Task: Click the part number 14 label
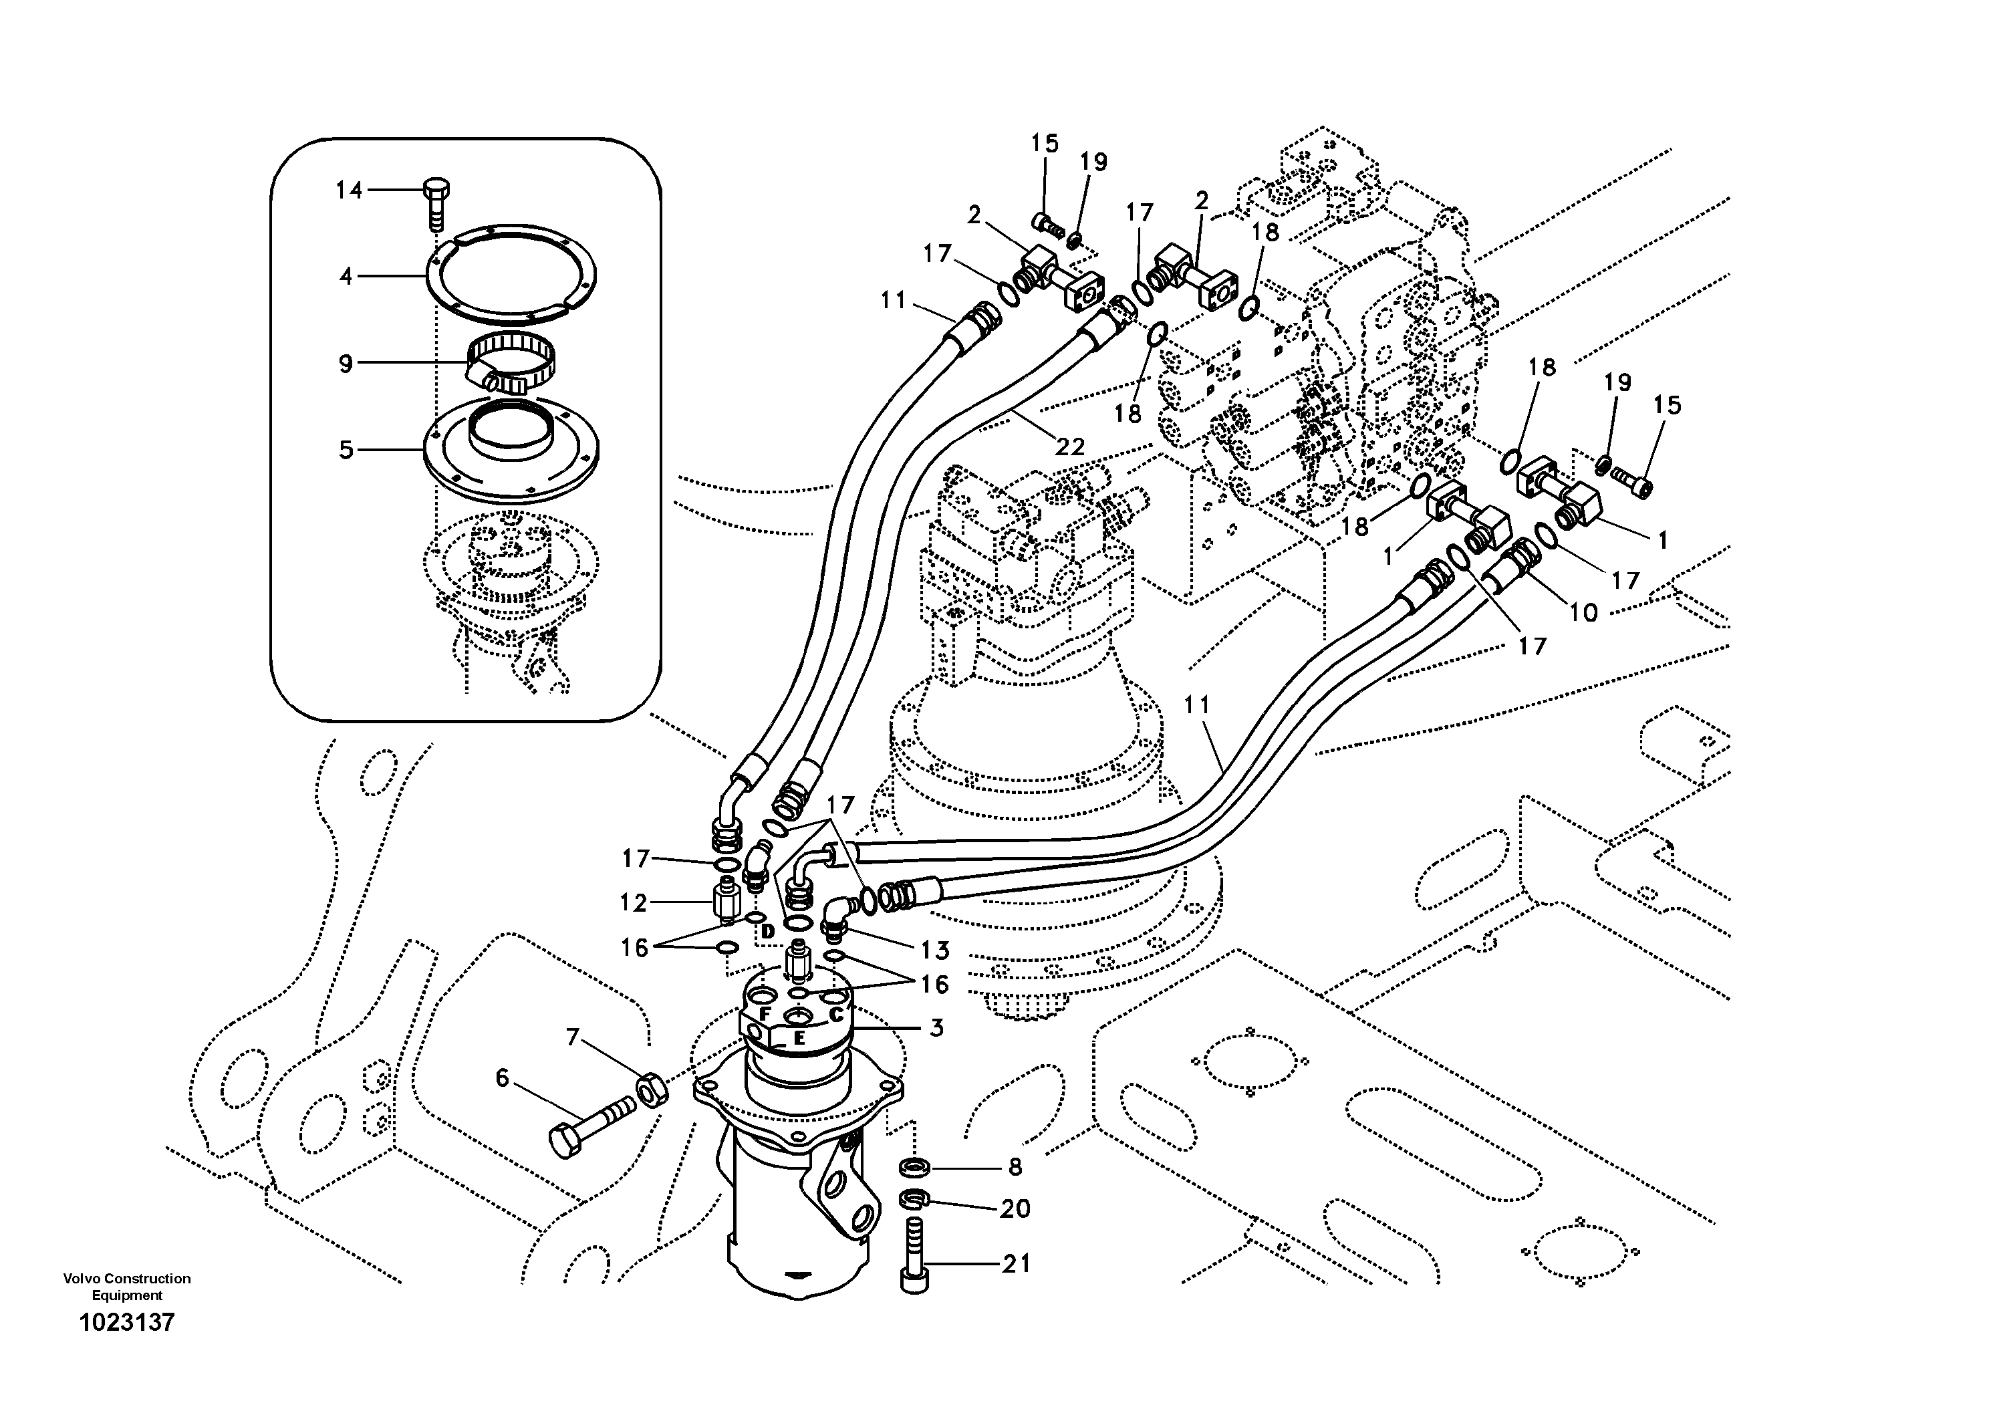349,190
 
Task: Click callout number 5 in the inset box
346,451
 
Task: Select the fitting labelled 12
726,902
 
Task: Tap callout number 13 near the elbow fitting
935,950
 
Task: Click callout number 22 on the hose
1070,447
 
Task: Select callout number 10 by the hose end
1583,612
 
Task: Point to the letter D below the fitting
767,932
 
